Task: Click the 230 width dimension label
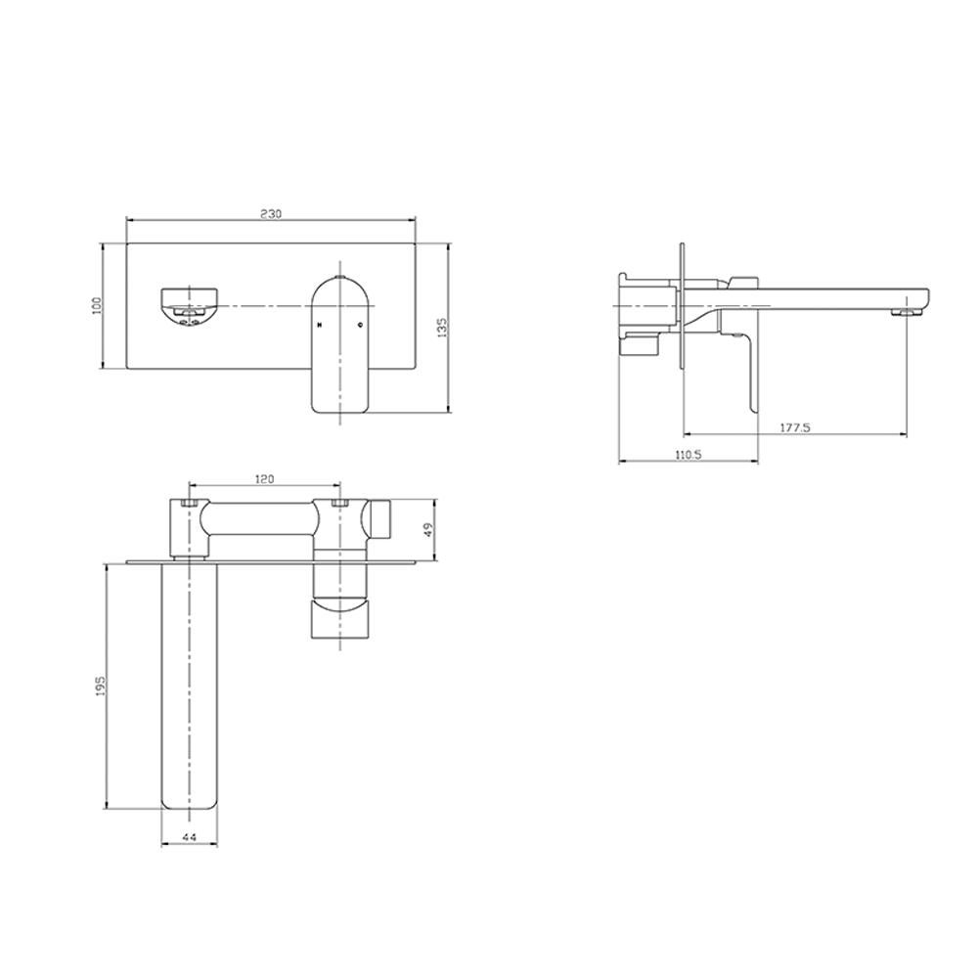click(x=271, y=214)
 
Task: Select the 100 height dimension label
click(x=97, y=305)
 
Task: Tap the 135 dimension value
click(x=443, y=328)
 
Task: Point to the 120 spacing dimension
click(x=265, y=479)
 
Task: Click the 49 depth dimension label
click(x=427, y=529)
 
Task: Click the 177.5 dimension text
click(x=795, y=428)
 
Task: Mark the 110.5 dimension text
click(x=689, y=455)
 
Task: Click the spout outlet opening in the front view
click(x=190, y=307)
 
